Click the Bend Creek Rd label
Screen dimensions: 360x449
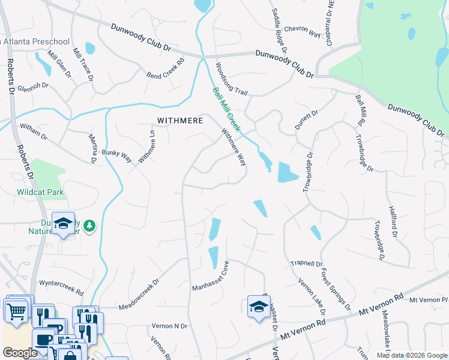[165, 71]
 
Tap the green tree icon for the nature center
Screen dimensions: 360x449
[89, 225]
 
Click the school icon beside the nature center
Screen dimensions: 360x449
[63, 223]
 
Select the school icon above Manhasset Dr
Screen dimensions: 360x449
[259, 307]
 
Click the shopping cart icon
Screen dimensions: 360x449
[16, 310]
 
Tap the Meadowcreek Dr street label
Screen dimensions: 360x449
[139, 292]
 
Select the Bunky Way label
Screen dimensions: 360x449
[116, 157]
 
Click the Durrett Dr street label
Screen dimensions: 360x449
[306, 120]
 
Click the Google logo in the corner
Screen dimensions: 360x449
[20, 353]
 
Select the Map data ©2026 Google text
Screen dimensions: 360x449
[411, 355]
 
